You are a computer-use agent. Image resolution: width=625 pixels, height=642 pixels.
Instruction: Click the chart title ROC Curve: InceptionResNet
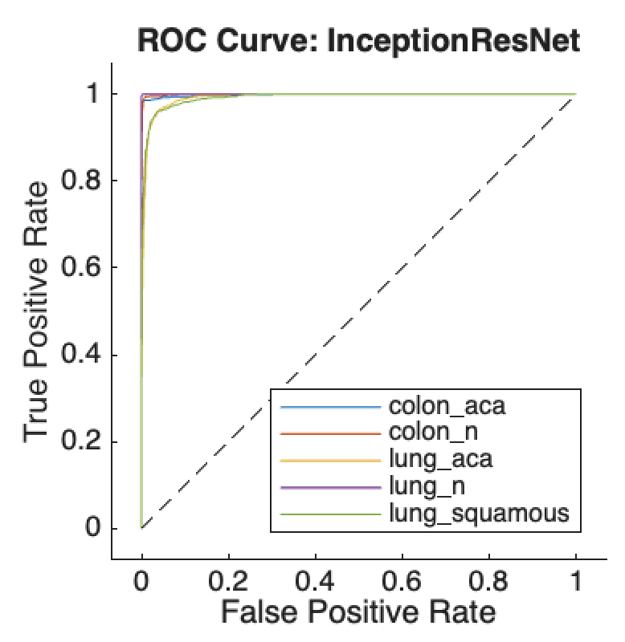point(358,39)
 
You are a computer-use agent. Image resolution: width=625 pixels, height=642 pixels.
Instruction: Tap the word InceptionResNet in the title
point(455,39)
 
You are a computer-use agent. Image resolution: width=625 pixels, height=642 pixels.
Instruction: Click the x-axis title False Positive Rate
point(358,613)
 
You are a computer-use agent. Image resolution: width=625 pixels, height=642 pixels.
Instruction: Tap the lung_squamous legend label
point(479,514)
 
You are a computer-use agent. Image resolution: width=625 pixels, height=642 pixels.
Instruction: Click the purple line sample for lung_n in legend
point(329,487)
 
